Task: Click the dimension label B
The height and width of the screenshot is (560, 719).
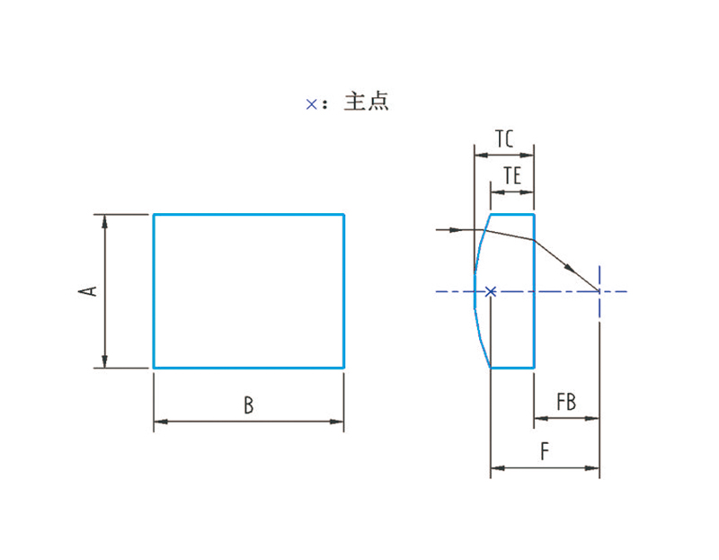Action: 249,405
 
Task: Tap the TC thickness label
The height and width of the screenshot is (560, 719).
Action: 504,138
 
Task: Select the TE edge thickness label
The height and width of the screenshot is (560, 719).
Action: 512,175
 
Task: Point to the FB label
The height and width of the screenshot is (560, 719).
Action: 566,402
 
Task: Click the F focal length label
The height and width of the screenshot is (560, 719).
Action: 545,451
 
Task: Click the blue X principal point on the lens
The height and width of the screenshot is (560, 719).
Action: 491,291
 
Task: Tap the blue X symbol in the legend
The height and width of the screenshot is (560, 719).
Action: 311,104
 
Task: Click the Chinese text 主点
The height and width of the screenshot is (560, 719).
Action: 367,102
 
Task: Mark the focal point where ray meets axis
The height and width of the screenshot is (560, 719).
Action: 599,290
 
